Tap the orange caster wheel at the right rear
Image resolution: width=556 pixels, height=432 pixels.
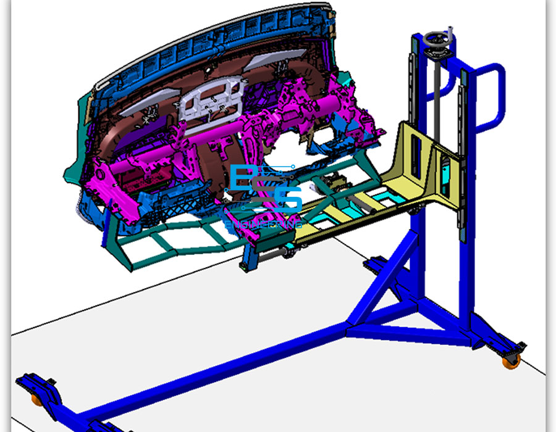click(x=511, y=362)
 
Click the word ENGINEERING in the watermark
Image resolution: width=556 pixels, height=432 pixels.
click(x=263, y=224)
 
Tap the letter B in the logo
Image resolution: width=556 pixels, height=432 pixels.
click(x=242, y=178)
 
